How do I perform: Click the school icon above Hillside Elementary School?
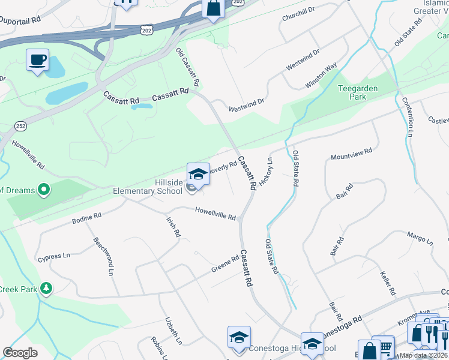[198, 174]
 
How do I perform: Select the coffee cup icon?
[38, 60]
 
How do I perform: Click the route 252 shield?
[21, 126]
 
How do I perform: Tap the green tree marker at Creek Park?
[46, 289]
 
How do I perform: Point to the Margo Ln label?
[420, 239]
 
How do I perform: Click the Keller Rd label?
[388, 283]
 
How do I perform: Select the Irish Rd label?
[173, 227]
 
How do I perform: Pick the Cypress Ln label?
[54, 256]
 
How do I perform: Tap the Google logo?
[20, 353]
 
